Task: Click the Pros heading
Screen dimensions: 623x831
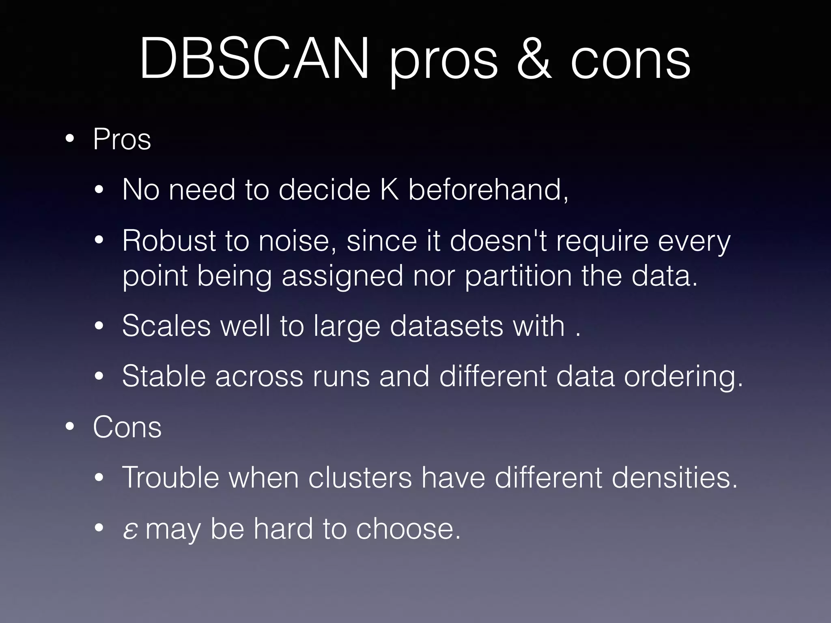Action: click(x=122, y=140)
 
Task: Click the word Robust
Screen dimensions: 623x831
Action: click(x=169, y=241)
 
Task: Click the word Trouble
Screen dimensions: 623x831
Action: click(x=170, y=478)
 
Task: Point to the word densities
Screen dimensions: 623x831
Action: click(x=674, y=478)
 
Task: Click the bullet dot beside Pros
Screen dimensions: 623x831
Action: click(x=70, y=140)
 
